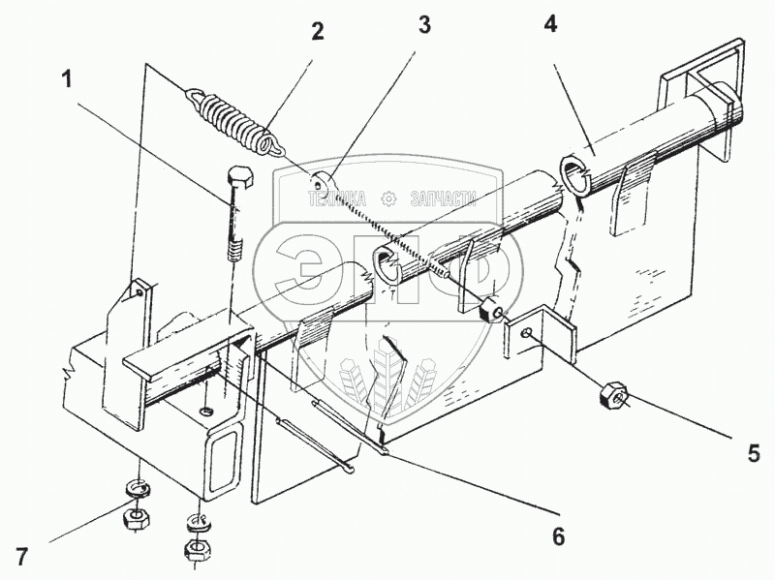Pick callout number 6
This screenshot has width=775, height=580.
(x=558, y=534)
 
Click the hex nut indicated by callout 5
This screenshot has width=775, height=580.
(x=613, y=393)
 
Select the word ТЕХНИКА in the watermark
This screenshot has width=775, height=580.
(x=340, y=198)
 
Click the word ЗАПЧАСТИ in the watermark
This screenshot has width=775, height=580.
(x=445, y=198)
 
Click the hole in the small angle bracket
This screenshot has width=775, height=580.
(x=529, y=334)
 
